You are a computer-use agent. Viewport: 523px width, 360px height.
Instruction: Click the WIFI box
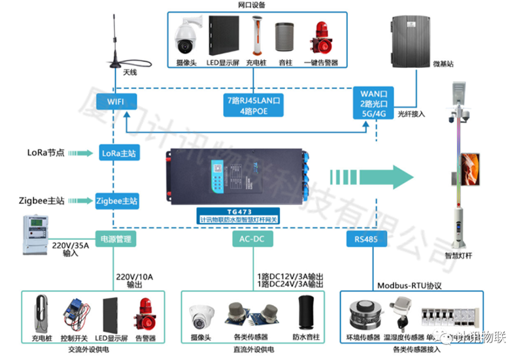(x=116, y=101)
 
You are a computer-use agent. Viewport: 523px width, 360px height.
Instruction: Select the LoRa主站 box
(x=120, y=153)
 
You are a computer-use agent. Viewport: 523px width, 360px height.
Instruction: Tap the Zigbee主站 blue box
(x=117, y=200)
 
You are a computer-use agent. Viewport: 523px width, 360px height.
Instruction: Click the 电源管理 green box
(x=117, y=239)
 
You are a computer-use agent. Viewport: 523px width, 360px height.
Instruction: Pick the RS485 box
(x=364, y=239)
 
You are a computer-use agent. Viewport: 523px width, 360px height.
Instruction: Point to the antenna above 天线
(x=116, y=39)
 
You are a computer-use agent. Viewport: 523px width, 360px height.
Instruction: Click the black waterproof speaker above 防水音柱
(x=305, y=313)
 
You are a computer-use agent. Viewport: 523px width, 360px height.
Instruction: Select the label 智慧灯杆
(x=458, y=257)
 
